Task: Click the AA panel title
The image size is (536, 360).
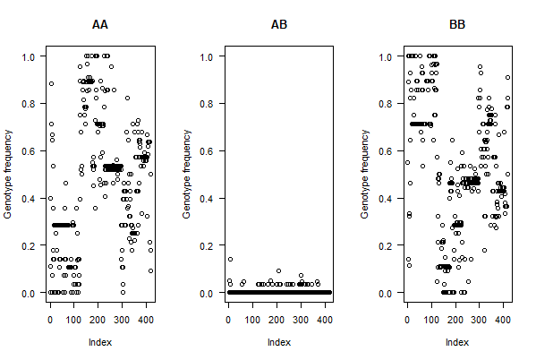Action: coord(100,25)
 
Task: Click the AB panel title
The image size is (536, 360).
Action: coord(279,25)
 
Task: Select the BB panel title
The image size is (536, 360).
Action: coord(457,25)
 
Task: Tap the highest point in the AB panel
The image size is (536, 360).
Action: coord(230,260)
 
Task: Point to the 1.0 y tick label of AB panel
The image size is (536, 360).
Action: coord(207,56)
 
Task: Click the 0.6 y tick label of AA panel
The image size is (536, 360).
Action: coord(29,151)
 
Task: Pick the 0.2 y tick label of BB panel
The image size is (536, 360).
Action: coord(386,246)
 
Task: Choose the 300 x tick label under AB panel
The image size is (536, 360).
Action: coord(301,320)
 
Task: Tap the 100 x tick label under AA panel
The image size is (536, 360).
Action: coord(74,320)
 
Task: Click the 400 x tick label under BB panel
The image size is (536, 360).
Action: coord(503,320)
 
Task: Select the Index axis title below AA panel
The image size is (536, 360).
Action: coord(100,342)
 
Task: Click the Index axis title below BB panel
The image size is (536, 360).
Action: coord(457,342)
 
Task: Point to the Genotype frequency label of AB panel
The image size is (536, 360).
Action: coord(187,175)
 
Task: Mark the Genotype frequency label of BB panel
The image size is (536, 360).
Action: coord(365,175)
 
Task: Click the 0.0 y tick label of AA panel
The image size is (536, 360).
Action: coord(29,294)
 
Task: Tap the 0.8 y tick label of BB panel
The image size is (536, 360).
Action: coord(386,104)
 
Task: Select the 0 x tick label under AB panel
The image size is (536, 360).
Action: coord(228,320)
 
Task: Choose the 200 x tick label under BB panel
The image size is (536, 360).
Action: coord(455,320)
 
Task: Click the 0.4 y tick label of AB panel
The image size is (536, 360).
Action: coord(207,199)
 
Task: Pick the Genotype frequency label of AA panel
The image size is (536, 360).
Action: coord(8,175)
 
